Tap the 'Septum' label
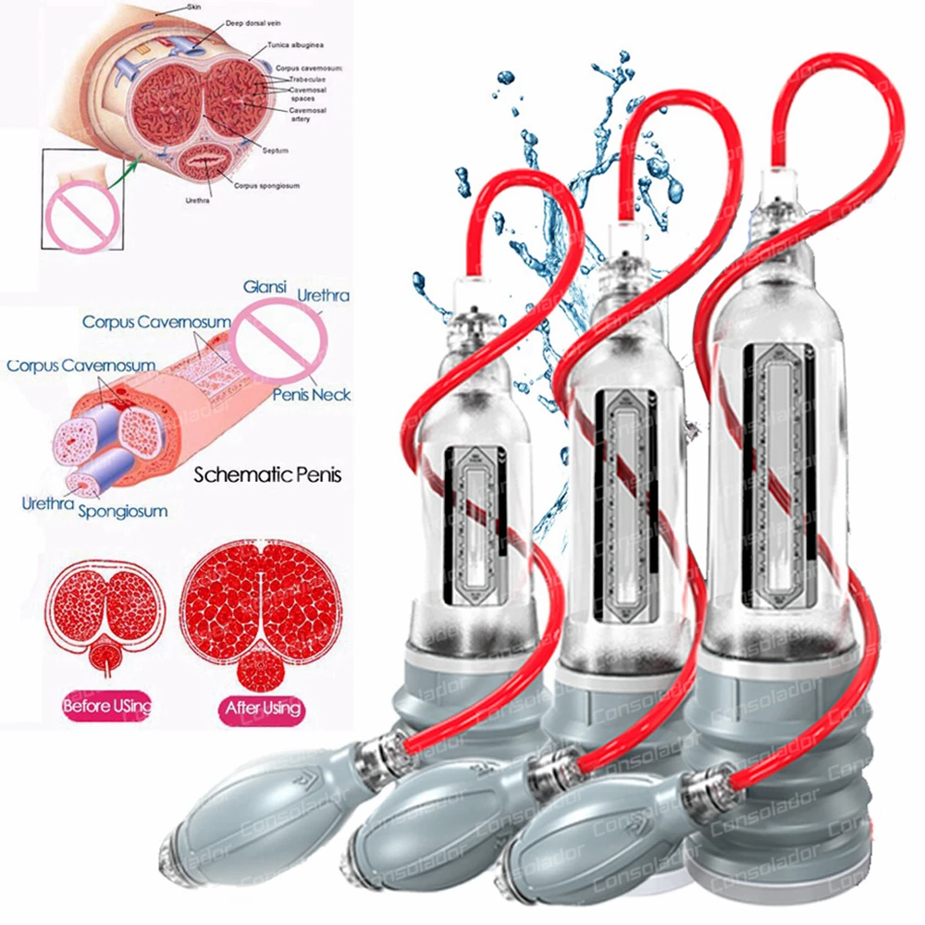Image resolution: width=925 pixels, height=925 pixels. [276, 149]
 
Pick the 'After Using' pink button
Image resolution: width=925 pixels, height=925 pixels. [260, 709]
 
